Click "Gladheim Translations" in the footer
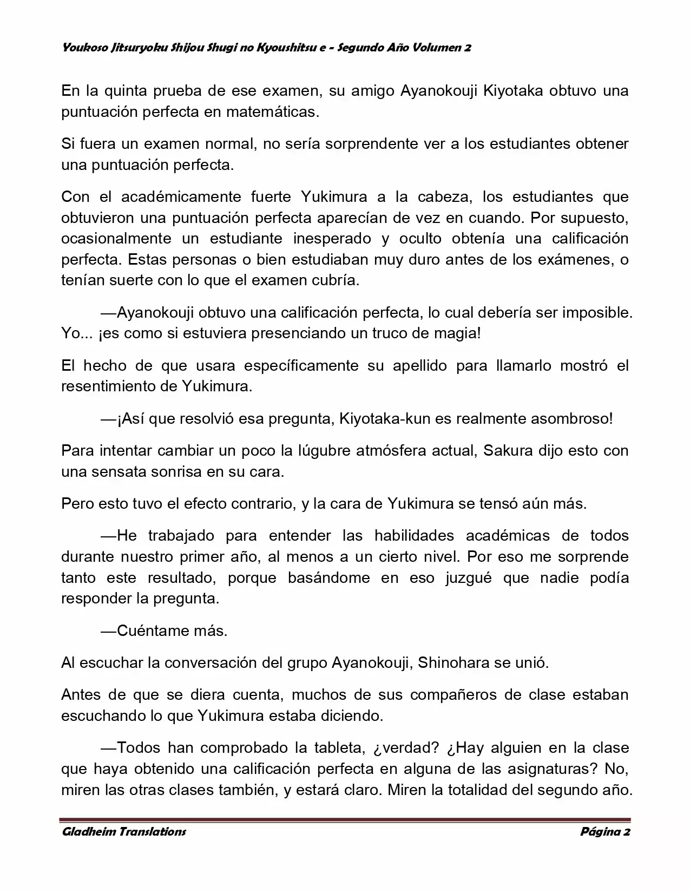point(124,832)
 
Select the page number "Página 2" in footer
point(605,832)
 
